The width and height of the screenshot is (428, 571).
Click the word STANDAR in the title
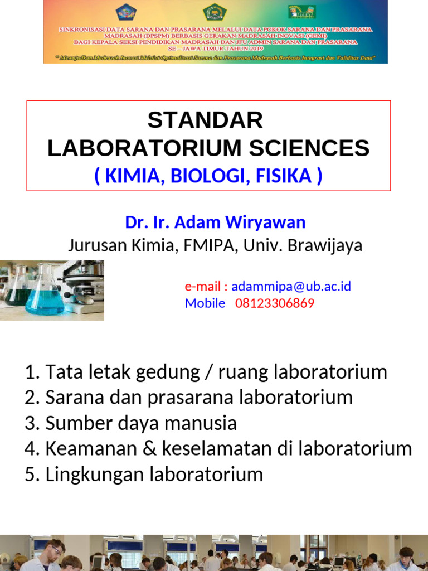(205, 120)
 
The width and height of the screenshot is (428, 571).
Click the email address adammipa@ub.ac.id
(291, 287)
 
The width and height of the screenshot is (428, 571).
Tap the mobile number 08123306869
(275, 303)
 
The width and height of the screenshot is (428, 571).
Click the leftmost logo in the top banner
(129, 12)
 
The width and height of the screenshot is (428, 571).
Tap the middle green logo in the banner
(215, 12)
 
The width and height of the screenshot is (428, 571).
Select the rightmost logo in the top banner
(301, 12)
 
